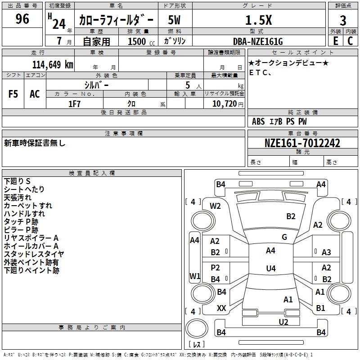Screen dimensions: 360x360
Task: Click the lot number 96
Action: pyautogui.click(x=22, y=19)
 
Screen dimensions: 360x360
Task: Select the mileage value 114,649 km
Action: pyautogui.click(x=53, y=65)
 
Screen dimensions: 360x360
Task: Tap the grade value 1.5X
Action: pyautogui.click(x=258, y=20)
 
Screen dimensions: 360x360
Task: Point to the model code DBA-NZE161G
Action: pyautogui.click(x=258, y=41)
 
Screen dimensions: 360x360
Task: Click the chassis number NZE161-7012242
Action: pyautogui.click(x=302, y=143)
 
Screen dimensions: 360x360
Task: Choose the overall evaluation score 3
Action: pyautogui.click(x=343, y=21)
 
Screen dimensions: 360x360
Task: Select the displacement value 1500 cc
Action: pyautogui.click(x=141, y=41)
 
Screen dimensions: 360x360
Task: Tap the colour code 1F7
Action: pyautogui.click(x=74, y=104)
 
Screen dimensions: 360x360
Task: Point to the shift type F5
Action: pyautogui.click(x=13, y=94)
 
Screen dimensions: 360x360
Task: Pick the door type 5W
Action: pyautogui.click(x=174, y=20)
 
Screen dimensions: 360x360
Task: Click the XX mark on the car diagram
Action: pyautogui.click(x=221, y=308)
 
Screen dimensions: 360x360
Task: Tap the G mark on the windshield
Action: pyautogui.click(x=284, y=237)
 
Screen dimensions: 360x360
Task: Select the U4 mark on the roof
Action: pyautogui.click(x=271, y=268)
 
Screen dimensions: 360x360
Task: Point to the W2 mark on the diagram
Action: pyautogui.click(x=215, y=206)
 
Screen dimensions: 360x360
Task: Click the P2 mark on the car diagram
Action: pyautogui.click(x=215, y=267)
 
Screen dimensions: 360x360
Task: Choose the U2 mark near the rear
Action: pyautogui.click(x=283, y=322)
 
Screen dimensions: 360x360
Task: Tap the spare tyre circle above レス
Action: pyautogui.click(x=197, y=328)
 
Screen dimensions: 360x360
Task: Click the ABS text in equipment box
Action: pyautogui.click(x=258, y=121)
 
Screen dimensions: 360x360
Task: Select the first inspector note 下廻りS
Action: pyautogui.click(x=17, y=181)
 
